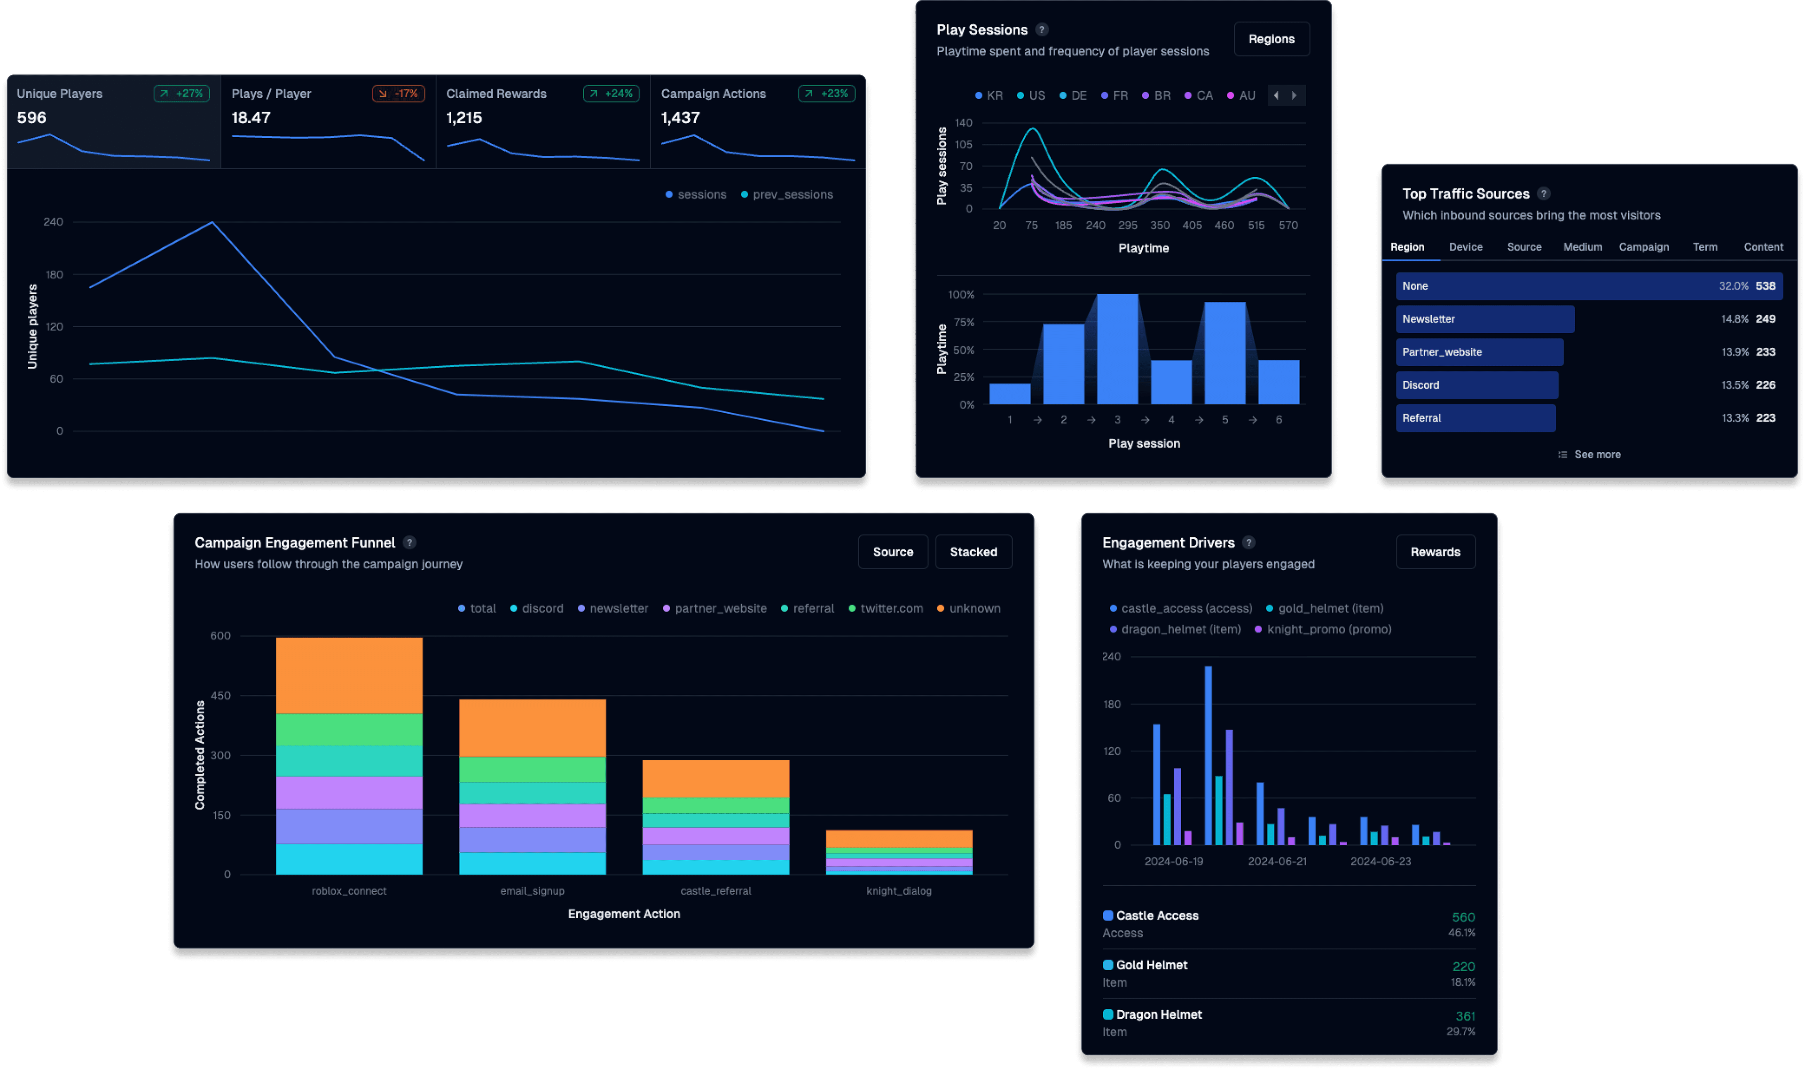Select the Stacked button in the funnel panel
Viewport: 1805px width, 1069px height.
pos(973,552)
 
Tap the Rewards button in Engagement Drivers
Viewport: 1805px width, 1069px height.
pos(1434,552)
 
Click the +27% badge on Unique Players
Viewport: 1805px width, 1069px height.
pos(181,94)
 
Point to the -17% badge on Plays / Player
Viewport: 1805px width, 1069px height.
pos(398,94)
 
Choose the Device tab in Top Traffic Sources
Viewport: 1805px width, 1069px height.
pos(1465,247)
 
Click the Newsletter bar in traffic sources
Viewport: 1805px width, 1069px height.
pos(1484,319)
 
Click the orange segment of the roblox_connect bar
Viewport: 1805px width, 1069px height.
pos(349,675)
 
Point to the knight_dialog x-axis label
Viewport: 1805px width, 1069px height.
pos(898,891)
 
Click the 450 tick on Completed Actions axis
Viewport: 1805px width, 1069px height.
pos(220,696)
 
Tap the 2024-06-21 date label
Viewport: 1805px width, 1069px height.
pos(1276,862)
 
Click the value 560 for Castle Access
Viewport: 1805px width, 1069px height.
pos(1463,917)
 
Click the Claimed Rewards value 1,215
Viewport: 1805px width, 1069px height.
pos(464,118)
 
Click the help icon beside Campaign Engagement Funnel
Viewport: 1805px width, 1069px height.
pos(409,542)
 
